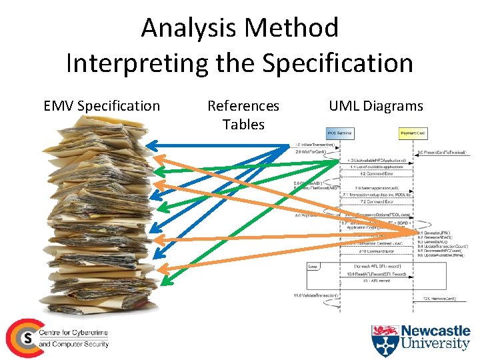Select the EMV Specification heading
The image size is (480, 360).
coord(101,106)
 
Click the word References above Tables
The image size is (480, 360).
coord(243,106)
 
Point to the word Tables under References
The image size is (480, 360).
coord(243,124)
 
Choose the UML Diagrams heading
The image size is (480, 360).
coord(376,106)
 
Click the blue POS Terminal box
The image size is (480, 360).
coord(340,133)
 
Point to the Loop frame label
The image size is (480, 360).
coord(313,266)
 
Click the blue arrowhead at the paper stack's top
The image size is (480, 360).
coord(150,145)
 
